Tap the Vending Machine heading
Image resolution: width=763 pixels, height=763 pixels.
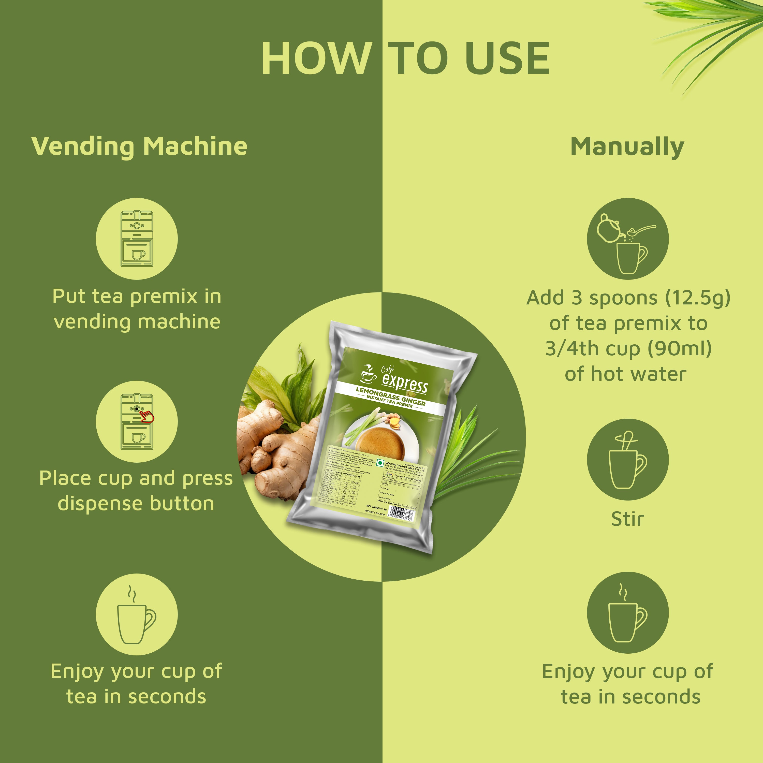pyautogui.click(x=139, y=146)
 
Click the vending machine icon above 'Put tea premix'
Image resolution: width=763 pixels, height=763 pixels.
pyautogui.click(x=137, y=239)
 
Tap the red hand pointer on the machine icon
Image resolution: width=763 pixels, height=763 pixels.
pyautogui.click(x=147, y=416)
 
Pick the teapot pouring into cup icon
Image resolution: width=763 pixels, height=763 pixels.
pyautogui.click(x=627, y=239)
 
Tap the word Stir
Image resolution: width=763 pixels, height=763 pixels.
pyautogui.click(x=627, y=519)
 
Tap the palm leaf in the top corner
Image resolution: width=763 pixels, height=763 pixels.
pyautogui.click(x=711, y=36)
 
